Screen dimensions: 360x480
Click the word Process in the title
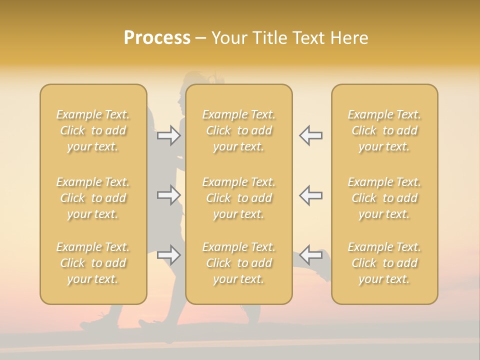pyautogui.click(x=157, y=38)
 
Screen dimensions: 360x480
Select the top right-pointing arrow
pyautogui.click(x=169, y=135)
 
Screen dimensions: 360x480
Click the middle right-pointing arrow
pyautogui.click(x=169, y=195)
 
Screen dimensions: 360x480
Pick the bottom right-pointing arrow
pyautogui.click(x=169, y=255)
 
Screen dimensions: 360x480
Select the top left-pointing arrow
pyautogui.click(x=310, y=135)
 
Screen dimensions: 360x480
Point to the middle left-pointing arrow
pyautogui.click(x=310, y=195)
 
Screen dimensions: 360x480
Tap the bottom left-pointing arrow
pyautogui.click(x=310, y=255)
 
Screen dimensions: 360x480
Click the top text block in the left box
pyautogui.click(x=93, y=130)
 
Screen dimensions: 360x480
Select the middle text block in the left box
pyautogui.click(x=93, y=198)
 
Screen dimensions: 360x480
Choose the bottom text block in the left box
pyautogui.click(x=93, y=263)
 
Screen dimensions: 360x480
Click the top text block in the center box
pyautogui.click(x=239, y=130)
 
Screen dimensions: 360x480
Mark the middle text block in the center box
pyautogui.click(x=239, y=198)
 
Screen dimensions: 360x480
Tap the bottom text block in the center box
pyautogui.click(x=239, y=263)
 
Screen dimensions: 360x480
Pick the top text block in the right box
pyautogui.click(x=384, y=130)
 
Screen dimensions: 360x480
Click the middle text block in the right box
pyautogui.click(x=384, y=198)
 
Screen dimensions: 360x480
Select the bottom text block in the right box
pyautogui.click(x=384, y=263)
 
